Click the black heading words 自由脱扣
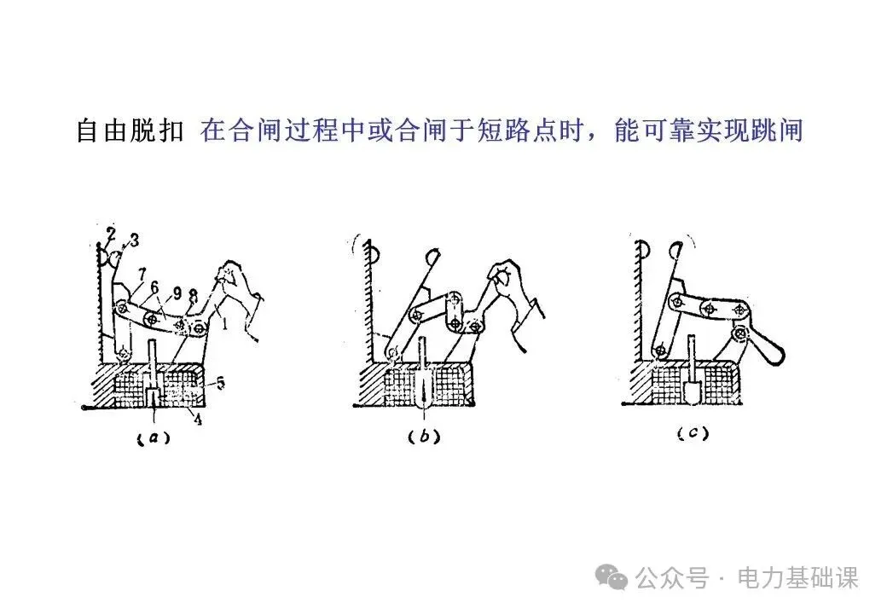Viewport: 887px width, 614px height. [x=130, y=131]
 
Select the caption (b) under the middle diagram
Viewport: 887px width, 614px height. [x=425, y=437]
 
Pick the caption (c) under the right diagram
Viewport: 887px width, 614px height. [x=693, y=434]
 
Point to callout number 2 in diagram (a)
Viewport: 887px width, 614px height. [x=112, y=233]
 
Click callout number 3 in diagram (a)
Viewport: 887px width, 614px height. [x=134, y=238]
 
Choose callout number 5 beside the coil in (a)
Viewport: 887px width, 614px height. [x=220, y=385]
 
